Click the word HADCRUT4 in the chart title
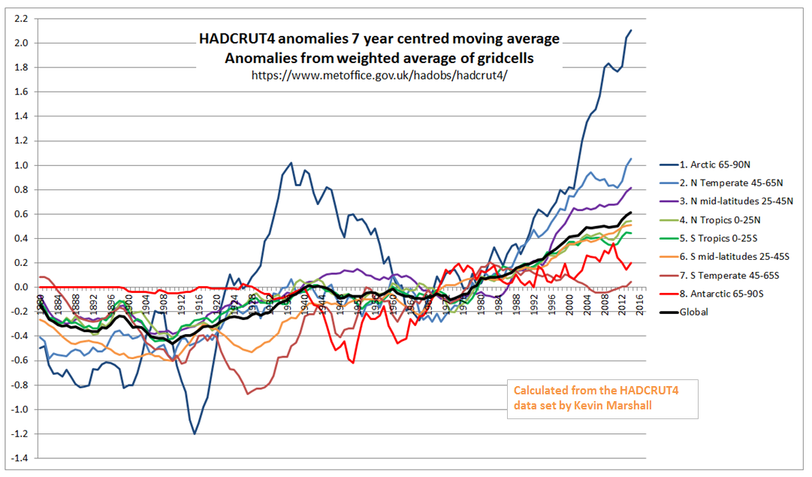point(234,38)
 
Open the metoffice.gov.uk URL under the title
point(379,76)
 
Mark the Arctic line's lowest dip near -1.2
point(195,434)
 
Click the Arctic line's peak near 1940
point(291,162)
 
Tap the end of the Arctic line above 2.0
point(631,30)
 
